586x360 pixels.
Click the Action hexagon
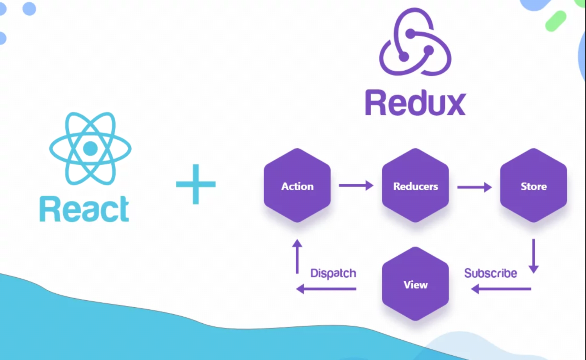click(297, 185)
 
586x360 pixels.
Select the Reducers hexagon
click(415, 185)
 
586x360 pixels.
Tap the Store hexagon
click(533, 185)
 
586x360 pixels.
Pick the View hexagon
click(415, 284)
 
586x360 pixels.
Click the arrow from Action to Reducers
click(356, 185)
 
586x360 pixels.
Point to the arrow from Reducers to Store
click(474, 187)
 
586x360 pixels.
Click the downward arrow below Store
click(534, 256)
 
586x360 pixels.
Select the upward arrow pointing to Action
click(297, 256)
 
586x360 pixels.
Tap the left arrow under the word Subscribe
click(501, 289)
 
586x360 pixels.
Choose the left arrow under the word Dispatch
click(326, 289)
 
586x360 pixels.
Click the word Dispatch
click(333, 273)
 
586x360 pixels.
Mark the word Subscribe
click(490, 273)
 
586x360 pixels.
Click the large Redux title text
click(415, 103)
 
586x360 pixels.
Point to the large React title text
click(84, 209)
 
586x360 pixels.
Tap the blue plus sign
click(196, 184)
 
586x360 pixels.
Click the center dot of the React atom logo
click(90, 148)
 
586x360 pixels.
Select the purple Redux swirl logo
click(415, 43)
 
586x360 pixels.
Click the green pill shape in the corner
click(556, 21)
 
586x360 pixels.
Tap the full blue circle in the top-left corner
click(29, 9)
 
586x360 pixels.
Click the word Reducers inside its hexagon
click(415, 186)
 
